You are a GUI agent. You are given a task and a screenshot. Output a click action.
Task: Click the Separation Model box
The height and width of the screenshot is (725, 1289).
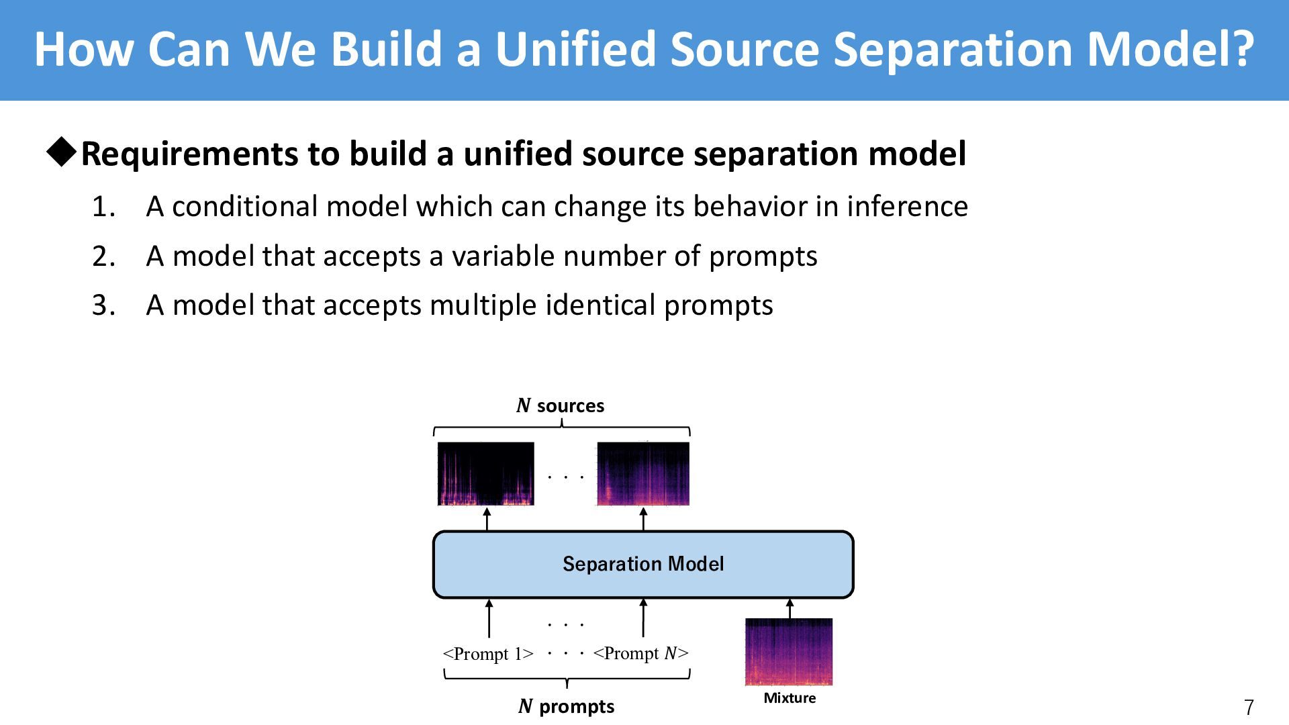tap(643, 564)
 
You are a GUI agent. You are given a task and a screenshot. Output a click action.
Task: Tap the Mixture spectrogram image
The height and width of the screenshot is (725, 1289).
tap(789, 652)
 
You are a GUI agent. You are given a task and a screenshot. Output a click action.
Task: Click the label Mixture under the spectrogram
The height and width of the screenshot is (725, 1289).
tap(790, 698)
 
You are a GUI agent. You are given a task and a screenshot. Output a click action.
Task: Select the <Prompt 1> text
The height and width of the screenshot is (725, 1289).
tap(488, 654)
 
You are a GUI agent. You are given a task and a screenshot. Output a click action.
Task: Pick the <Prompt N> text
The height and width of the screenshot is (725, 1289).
tap(641, 653)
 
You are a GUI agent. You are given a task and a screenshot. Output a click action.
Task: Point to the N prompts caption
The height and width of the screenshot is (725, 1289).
tap(567, 706)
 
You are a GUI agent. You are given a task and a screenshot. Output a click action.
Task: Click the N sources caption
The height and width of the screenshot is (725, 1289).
tap(561, 405)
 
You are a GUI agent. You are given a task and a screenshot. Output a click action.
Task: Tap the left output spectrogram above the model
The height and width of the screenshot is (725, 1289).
tap(486, 473)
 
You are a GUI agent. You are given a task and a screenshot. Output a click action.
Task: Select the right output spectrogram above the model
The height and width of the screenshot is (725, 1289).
tap(643, 473)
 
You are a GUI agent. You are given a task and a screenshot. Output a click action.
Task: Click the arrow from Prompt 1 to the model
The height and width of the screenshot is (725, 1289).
tap(489, 618)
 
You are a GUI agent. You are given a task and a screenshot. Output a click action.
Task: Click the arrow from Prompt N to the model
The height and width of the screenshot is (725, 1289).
tap(643, 618)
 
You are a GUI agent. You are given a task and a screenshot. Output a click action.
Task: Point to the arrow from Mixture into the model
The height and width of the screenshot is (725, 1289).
tap(790, 608)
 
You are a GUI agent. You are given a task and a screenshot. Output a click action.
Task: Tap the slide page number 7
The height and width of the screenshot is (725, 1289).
tap(1249, 708)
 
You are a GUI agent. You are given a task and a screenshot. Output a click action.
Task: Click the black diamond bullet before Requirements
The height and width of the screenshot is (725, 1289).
tap(62, 153)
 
